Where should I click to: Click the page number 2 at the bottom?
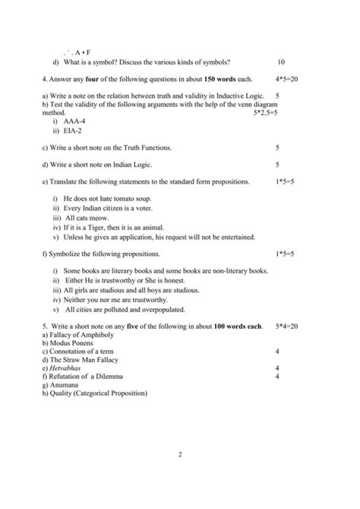coord(180,455)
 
